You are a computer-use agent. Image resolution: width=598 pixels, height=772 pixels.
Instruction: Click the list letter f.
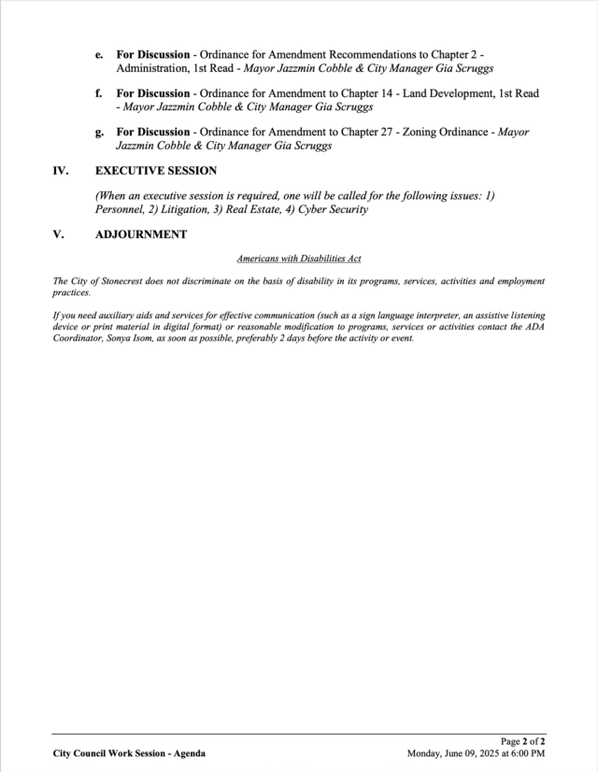click(x=98, y=93)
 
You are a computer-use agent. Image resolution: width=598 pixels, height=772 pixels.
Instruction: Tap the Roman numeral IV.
click(x=61, y=171)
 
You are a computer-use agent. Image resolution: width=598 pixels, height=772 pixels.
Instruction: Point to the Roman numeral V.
click(x=58, y=234)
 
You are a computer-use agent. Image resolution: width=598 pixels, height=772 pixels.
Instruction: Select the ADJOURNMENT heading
click(x=141, y=234)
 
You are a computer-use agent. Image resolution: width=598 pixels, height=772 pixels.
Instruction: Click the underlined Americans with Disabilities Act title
click(x=299, y=258)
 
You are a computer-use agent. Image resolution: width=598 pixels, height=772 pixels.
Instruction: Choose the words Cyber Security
click(x=334, y=210)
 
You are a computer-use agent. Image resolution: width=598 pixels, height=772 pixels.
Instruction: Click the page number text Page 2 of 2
click(x=523, y=741)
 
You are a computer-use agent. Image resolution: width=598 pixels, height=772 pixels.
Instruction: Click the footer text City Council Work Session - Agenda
click(x=129, y=753)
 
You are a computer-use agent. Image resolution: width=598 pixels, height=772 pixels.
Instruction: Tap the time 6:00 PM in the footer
click(x=528, y=753)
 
